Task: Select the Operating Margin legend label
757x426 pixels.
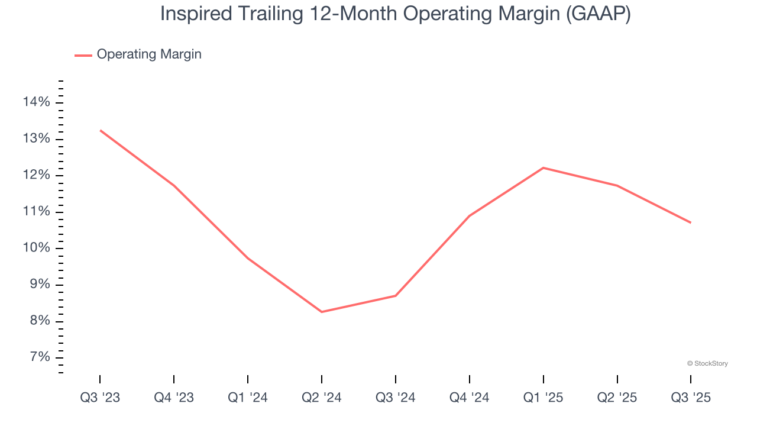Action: [149, 54]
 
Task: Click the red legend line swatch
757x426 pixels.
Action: [83, 55]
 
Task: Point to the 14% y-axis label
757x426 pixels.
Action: [36, 102]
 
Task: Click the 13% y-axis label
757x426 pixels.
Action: [36, 139]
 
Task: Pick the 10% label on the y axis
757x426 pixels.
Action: [36, 248]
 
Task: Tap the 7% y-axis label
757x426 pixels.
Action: [38, 357]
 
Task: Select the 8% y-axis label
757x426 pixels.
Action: [38, 321]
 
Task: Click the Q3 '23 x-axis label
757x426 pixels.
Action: [100, 398]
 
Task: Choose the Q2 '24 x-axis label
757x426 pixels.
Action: [321, 398]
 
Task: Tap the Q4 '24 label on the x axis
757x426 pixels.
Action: [469, 398]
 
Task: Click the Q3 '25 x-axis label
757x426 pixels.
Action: [691, 398]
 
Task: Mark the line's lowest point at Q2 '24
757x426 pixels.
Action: [321, 312]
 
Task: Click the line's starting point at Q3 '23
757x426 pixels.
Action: [100, 130]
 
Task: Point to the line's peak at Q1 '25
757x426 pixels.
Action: [543, 168]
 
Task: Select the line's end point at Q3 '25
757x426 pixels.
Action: [691, 222]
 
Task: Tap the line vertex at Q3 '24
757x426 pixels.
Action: [395, 296]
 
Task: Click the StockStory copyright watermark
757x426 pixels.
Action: [707, 363]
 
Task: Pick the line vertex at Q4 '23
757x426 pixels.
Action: [174, 186]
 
